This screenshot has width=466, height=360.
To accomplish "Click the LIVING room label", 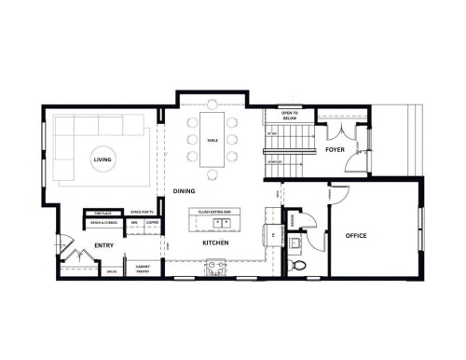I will tap(103, 160).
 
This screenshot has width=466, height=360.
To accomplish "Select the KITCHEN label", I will tap(215, 243).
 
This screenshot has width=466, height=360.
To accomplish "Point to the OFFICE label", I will tap(355, 236).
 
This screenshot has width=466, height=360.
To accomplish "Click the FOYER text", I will tap(336, 150).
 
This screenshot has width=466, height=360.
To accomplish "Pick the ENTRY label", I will tap(103, 247).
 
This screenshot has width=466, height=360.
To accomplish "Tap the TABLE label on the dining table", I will tap(213, 142).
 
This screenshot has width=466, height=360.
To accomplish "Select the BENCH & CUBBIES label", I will tap(103, 224).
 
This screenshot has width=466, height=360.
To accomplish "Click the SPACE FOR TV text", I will tap(141, 214).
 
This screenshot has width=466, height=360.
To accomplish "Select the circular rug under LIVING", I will tap(103, 162).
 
